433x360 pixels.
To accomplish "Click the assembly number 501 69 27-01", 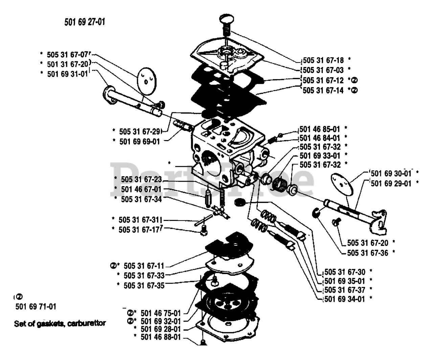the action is (x=85, y=22).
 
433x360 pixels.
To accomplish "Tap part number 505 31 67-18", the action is (x=323, y=60).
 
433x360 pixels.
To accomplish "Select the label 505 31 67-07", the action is (x=67, y=55).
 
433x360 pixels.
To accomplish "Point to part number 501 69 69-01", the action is (x=140, y=142).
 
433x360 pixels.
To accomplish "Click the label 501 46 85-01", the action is (x=320, y=129).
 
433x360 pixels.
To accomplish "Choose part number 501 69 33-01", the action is (x=320, y=156).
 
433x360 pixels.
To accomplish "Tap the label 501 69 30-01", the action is (x=391, y=173).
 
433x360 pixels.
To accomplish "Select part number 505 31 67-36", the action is (x=368, y=253).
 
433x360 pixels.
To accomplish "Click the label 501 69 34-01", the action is (x=345, y=299).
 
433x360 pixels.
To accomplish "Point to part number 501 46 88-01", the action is (x=161, y=337).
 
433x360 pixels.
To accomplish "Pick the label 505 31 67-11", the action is (x=144, y=266).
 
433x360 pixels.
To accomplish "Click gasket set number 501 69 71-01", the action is (x=36, y=307).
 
